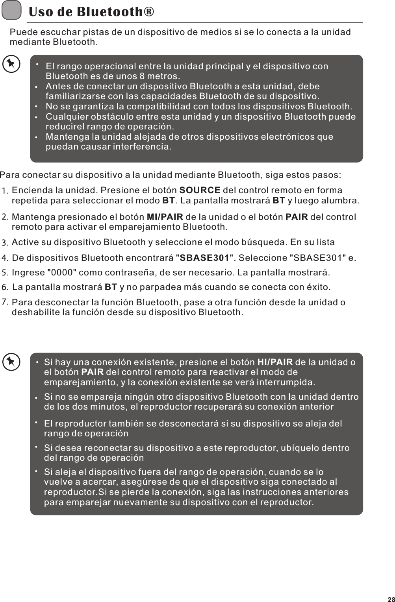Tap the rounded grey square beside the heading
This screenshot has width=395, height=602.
coord(11,10)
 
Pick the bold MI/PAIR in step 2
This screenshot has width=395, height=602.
coord(165,217)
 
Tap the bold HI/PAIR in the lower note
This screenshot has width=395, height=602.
coord(274,362)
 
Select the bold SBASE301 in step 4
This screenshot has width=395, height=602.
coord(204,258)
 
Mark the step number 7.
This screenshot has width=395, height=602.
coord(5,302)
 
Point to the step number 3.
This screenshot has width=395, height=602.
coord(5,242)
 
